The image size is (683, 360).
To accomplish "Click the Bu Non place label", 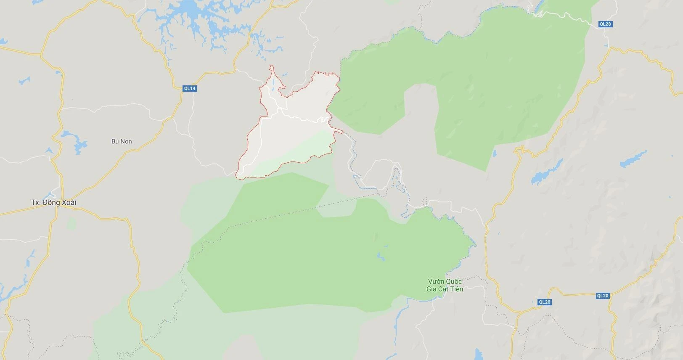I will coord(122,141).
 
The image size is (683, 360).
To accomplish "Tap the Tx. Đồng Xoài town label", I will coord(54,202).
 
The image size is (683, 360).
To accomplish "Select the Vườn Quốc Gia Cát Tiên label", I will coord(445,285).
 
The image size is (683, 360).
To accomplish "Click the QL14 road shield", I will coord(190,88).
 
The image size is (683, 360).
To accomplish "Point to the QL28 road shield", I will coord(605,24).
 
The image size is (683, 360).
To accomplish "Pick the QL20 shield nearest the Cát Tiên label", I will coord(544,302).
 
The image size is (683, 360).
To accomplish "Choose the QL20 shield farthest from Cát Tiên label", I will coord(603,296).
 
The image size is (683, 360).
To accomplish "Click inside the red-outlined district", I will coord(290,130).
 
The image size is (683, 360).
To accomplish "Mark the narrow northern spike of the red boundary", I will coord(272,69).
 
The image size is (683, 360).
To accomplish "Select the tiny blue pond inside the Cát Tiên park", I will coord(381,256).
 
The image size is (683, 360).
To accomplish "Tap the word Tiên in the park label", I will coord(456,289).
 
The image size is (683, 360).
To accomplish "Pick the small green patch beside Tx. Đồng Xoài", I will coord(71,223).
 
